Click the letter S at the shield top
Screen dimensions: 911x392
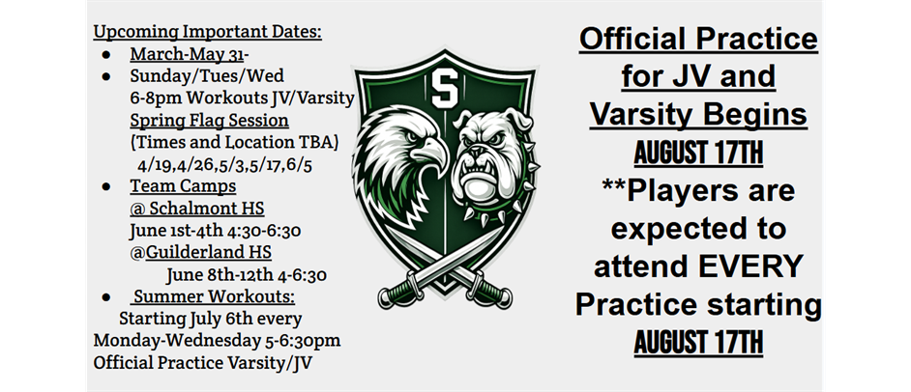point(445,89)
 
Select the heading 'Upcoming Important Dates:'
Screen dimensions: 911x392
point(207,31)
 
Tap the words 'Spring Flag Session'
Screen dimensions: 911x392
point(209,120)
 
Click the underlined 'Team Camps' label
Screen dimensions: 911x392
point(183,186)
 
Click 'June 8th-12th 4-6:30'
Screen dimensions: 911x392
point(247,275)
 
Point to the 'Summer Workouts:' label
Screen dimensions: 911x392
point(215,297)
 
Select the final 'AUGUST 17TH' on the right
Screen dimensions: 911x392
point(698,343)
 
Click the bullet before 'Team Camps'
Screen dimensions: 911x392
point(105,186)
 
